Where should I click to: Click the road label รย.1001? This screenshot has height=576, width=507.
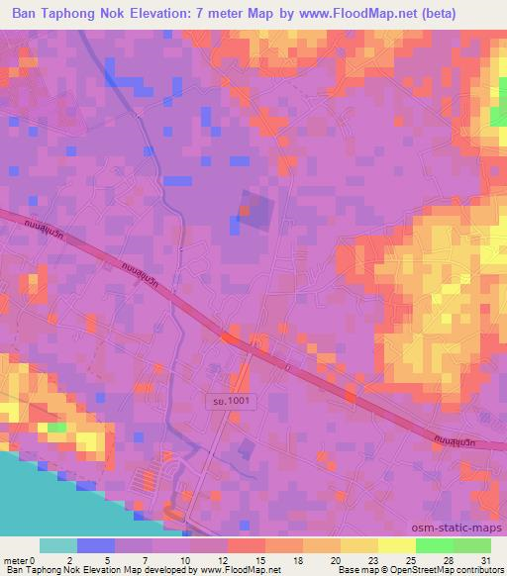point(226,402)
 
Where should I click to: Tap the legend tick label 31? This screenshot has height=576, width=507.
point(485,559)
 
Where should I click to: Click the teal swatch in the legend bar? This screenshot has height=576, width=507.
point(58,545)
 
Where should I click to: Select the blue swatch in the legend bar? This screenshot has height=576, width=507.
point(96,545)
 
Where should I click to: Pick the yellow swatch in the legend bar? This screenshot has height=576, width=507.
point(395,545)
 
